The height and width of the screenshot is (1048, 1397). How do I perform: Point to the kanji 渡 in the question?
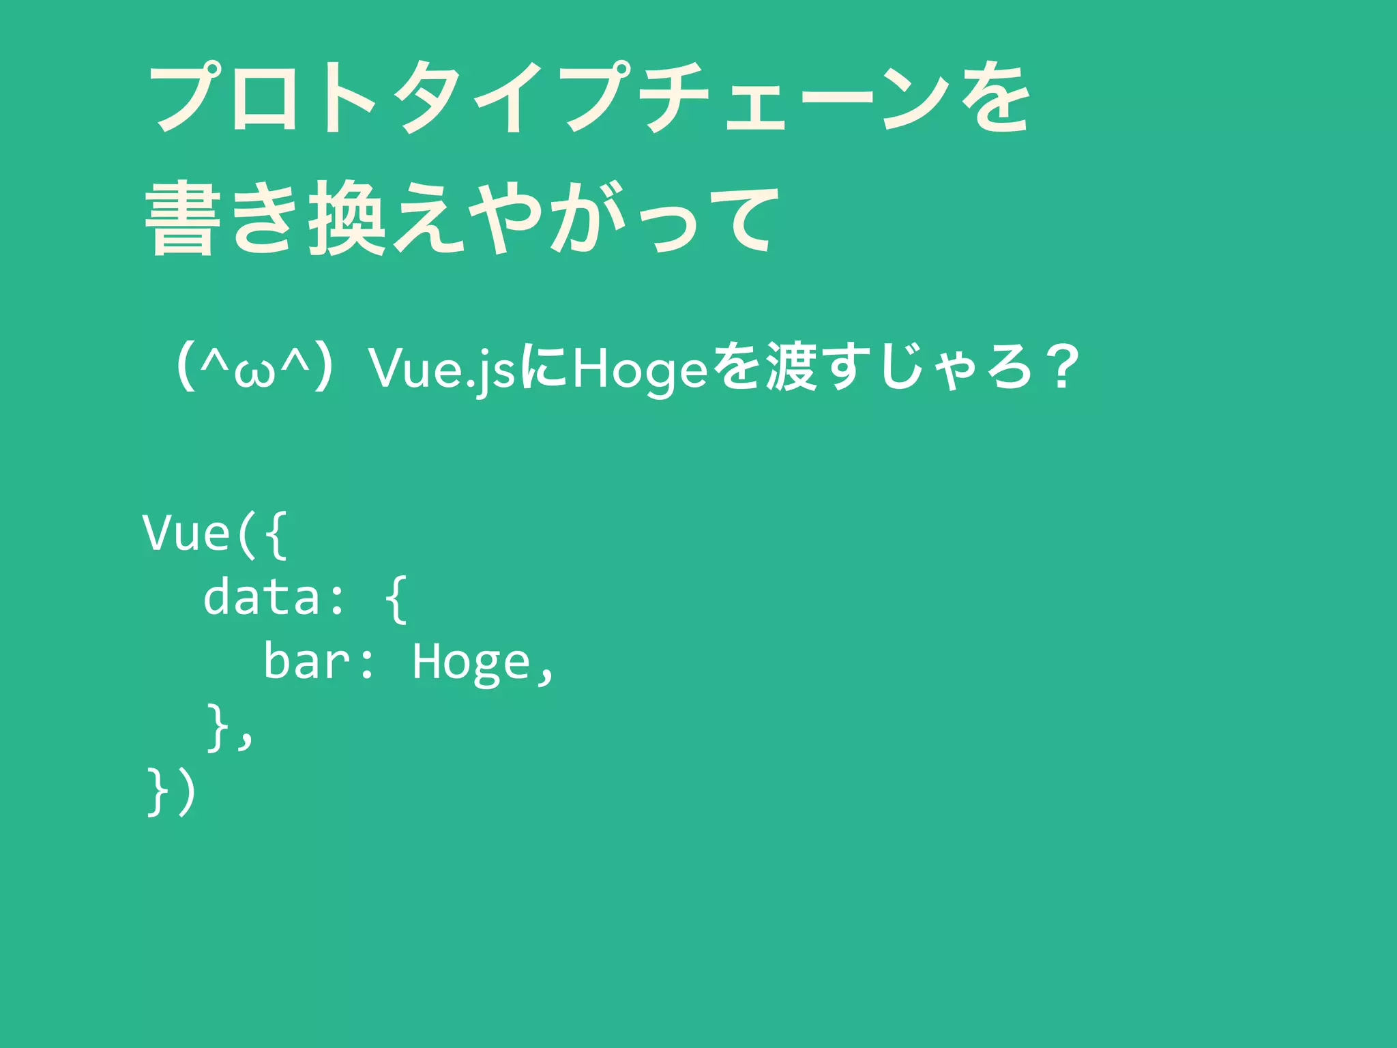[x=791, y=368]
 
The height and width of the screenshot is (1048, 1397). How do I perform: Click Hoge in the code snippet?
[x=471, y=663]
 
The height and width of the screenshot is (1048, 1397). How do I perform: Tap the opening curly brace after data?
[x=396, y=599]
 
